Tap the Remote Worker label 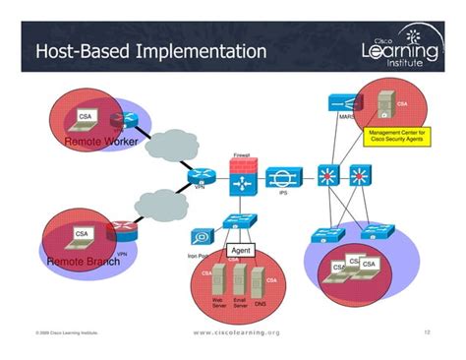[100, 143]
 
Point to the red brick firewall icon [241, 179]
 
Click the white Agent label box [242, 251]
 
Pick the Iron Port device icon [201, 237]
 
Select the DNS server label [260, 305]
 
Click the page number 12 [428, 332]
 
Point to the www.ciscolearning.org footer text [236, 332]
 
